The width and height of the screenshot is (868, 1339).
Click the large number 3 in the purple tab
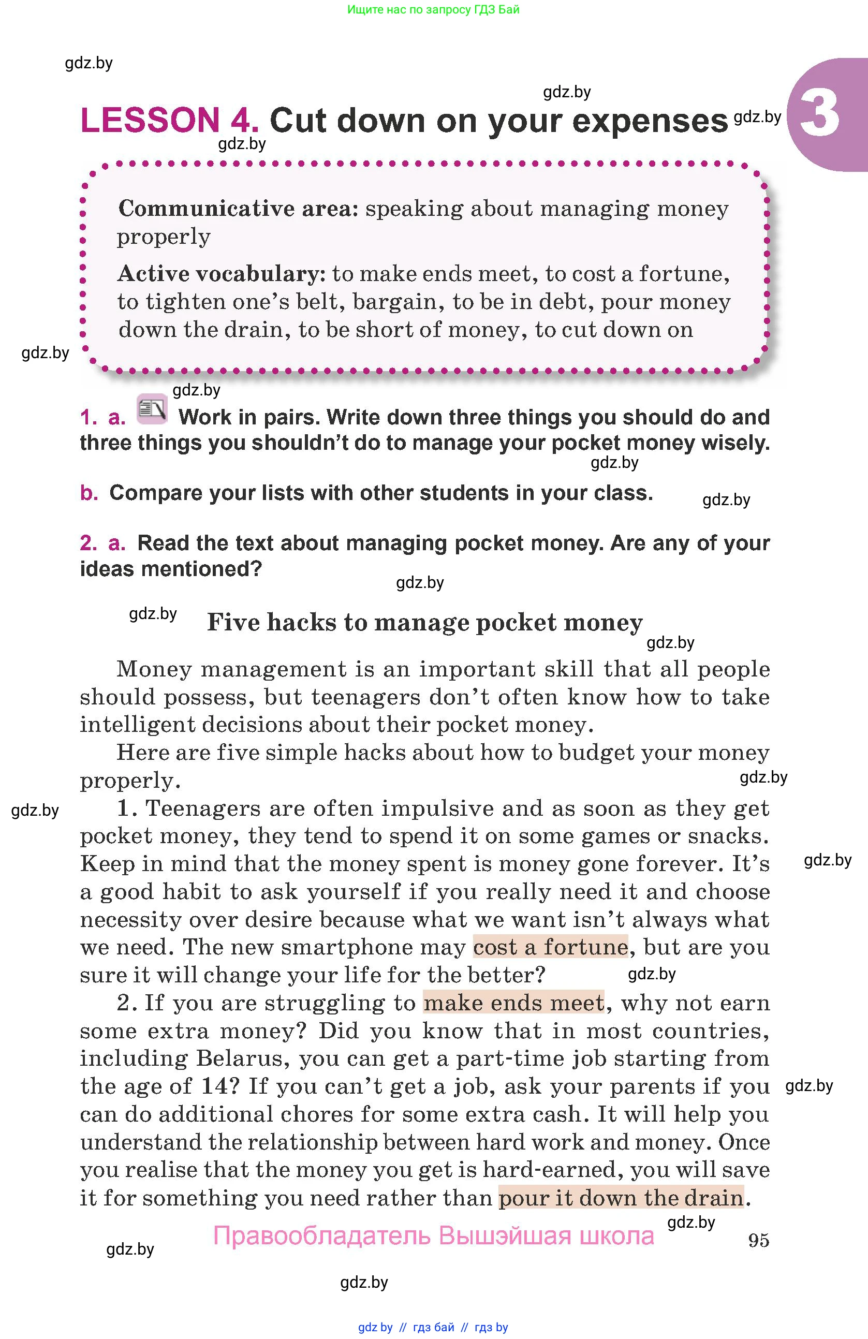819,114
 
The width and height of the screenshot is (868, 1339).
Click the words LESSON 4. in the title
169,121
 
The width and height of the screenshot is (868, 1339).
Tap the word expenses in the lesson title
650,122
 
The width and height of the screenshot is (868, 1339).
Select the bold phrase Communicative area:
239,209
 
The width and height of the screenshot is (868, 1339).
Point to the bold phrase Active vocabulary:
222,274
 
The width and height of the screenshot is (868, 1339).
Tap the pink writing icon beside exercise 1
152,409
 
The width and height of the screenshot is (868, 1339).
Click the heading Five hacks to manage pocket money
425,622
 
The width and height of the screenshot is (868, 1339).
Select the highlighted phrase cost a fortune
550,947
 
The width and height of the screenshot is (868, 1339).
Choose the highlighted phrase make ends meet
513,1003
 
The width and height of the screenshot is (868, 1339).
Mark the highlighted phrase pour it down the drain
621,1198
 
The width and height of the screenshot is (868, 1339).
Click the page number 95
758,1240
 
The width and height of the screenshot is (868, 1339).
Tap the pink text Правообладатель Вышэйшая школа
433,1236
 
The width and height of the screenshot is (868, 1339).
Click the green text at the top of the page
433,9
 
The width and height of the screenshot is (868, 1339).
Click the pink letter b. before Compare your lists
89,493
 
